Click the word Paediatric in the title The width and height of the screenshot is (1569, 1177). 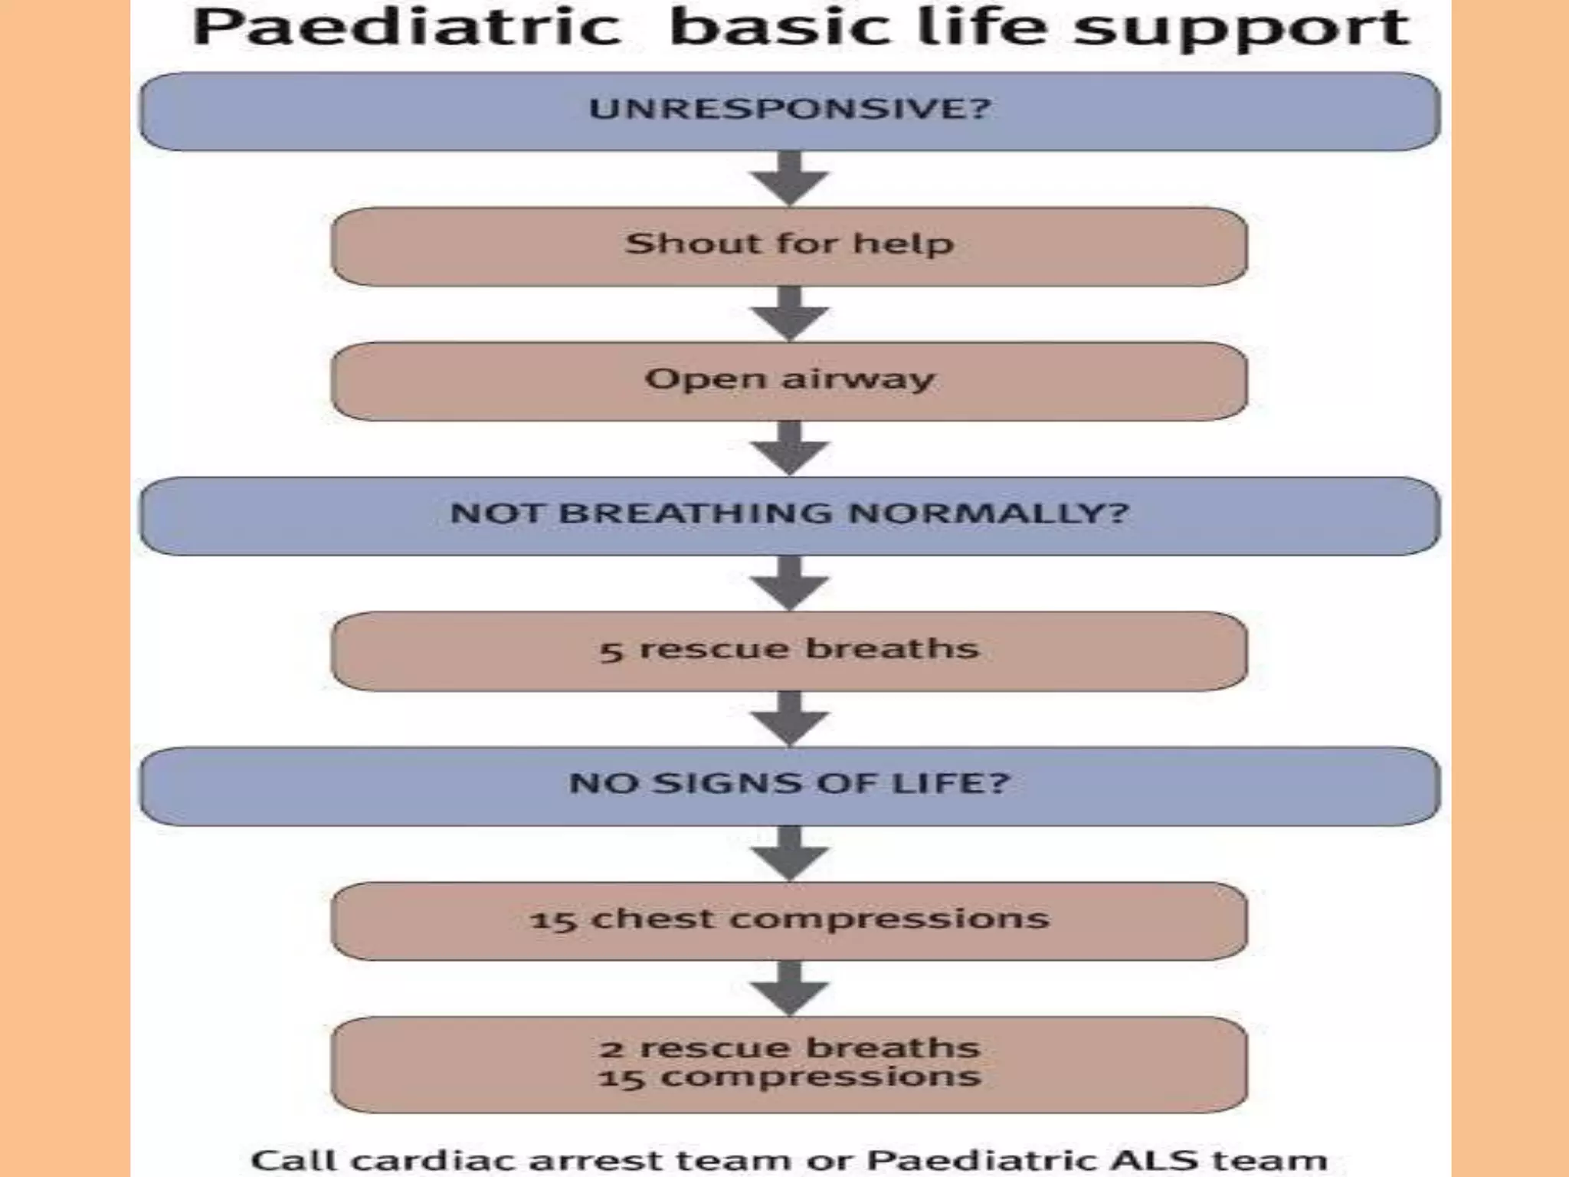pos(406,28)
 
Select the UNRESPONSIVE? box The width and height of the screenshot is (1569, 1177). pos(789,111)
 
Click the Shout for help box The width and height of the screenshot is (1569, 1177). pos(789,246)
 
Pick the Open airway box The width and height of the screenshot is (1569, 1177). pos(789,381)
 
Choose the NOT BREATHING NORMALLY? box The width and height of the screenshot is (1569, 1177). pos(789,515)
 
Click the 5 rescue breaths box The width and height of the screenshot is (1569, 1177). pos(789,651)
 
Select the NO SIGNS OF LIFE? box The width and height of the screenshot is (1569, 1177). pos(789,785)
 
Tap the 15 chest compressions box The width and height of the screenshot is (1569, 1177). pos(789,920)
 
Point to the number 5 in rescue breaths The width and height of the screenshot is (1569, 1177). pos(611,652)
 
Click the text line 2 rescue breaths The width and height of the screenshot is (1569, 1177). pos(789,1048)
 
